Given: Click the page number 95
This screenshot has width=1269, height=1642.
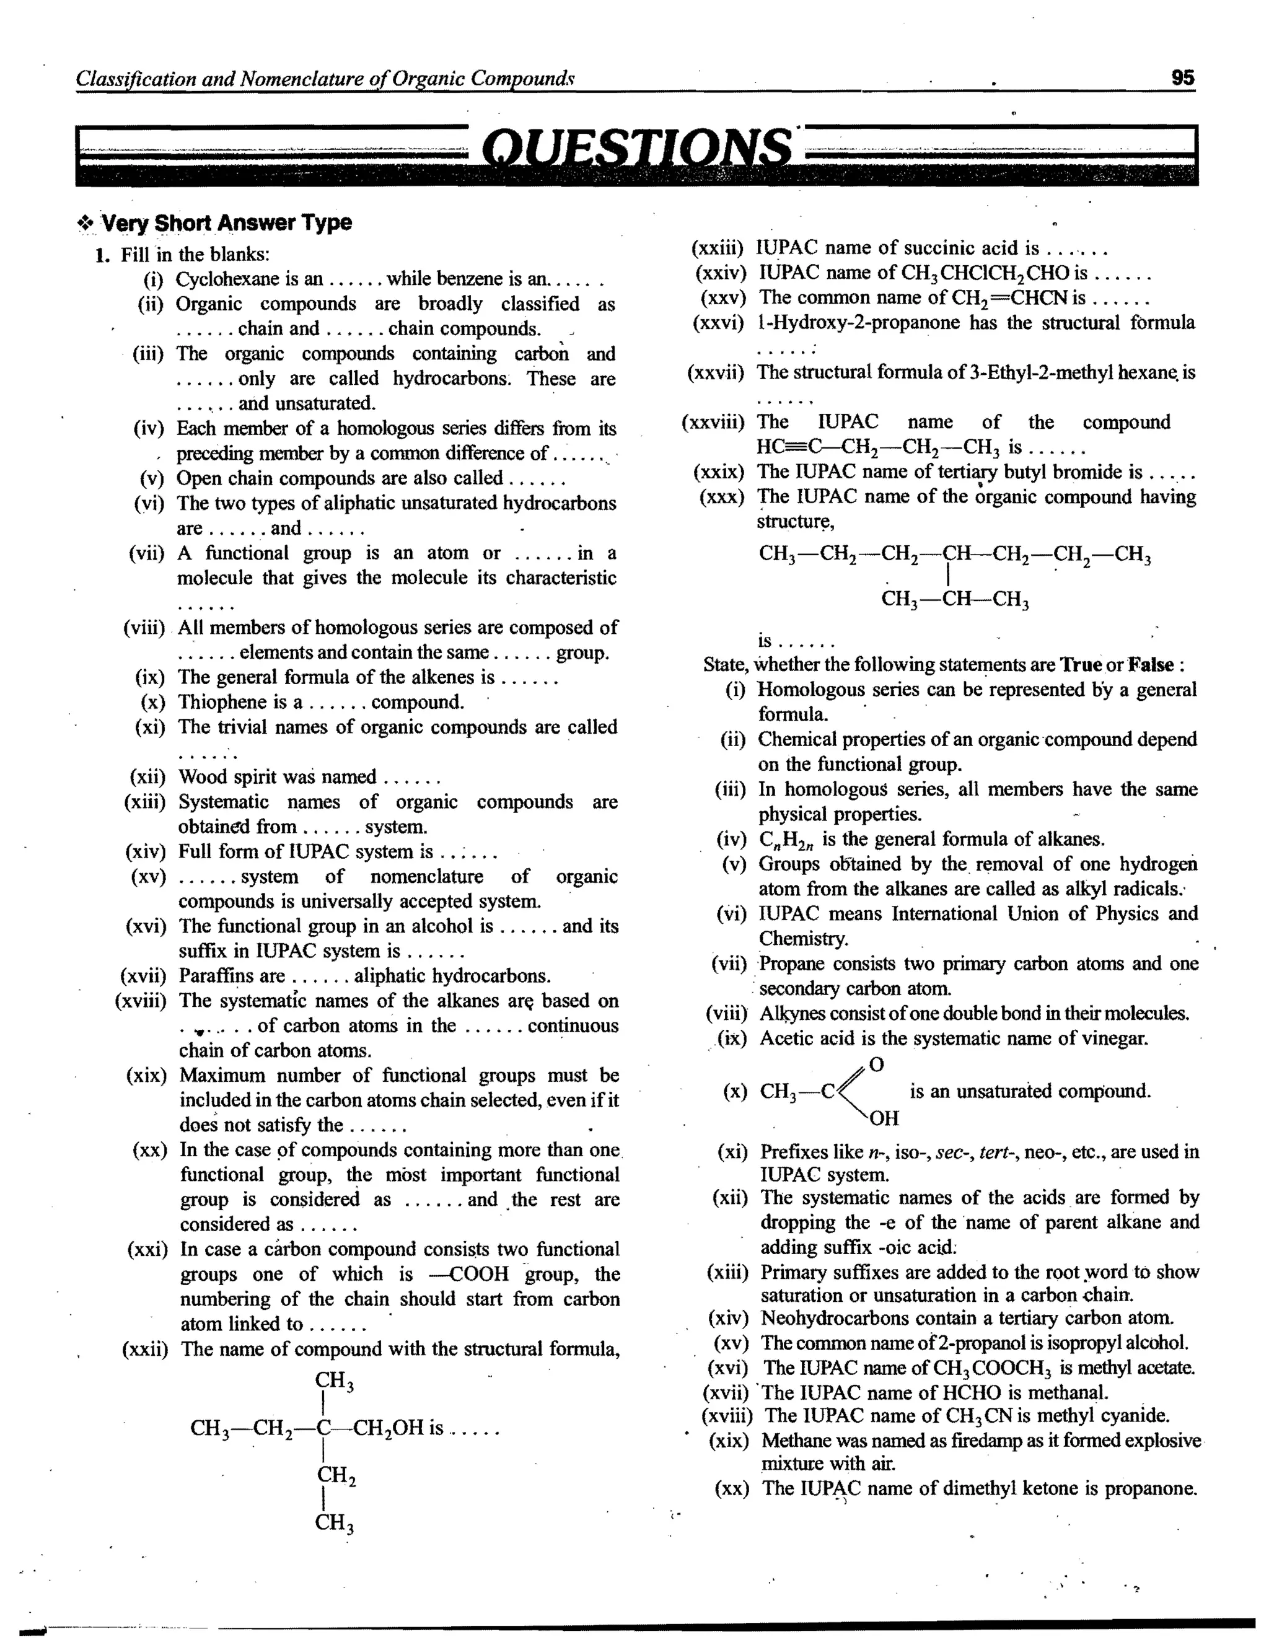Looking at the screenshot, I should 1182,77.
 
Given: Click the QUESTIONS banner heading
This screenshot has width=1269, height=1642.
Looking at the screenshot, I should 636,147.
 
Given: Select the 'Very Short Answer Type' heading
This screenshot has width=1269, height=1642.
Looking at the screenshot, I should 226,222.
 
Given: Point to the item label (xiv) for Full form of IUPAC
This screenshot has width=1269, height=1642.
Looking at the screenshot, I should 145,852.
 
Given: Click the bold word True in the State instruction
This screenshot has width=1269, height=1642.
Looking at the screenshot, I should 1080,665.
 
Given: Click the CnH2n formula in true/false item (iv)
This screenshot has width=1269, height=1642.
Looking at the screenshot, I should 786,840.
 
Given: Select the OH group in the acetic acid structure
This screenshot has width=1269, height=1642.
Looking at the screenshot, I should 884,1118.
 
